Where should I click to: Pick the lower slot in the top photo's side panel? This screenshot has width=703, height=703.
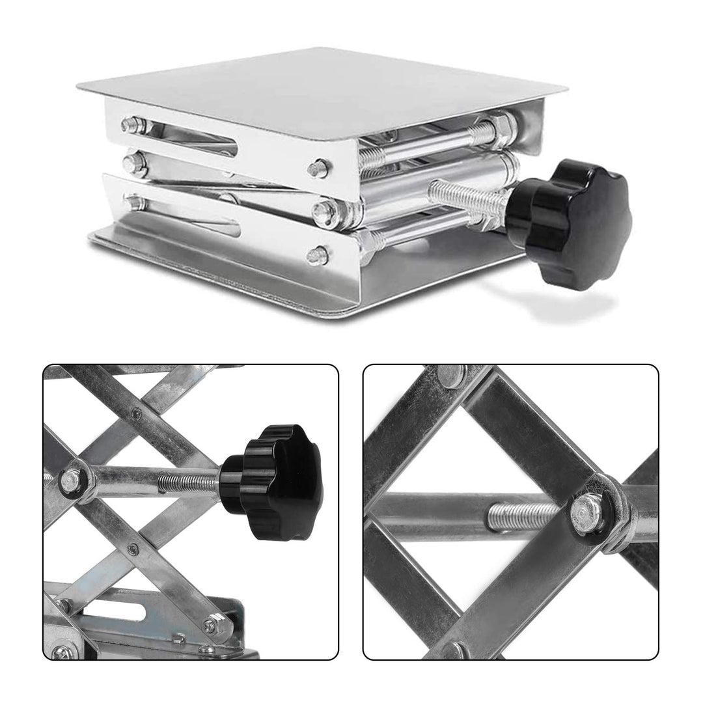coord(189,217)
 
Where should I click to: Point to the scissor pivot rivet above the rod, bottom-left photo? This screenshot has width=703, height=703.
coord(135,413)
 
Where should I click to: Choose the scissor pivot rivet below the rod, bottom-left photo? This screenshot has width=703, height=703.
coord(133,549)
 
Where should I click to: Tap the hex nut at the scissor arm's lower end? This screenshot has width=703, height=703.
coord(210,626)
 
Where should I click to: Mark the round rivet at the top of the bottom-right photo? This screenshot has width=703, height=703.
coord(452,374)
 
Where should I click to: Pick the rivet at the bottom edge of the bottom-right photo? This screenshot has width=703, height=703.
coord(456,650)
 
